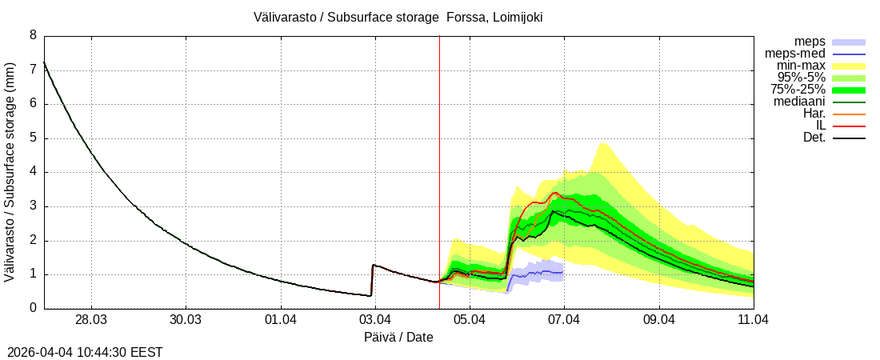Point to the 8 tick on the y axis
(33, 35)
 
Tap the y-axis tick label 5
(33, 138)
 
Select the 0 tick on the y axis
(33, 308)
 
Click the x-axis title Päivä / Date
(398, 337)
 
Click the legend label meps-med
(795, 54)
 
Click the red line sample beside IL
(849, 126)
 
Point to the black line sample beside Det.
(849, 138)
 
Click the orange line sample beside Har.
(849, 114)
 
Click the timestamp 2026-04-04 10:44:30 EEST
(85, 352)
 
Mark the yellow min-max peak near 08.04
(602, 145)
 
